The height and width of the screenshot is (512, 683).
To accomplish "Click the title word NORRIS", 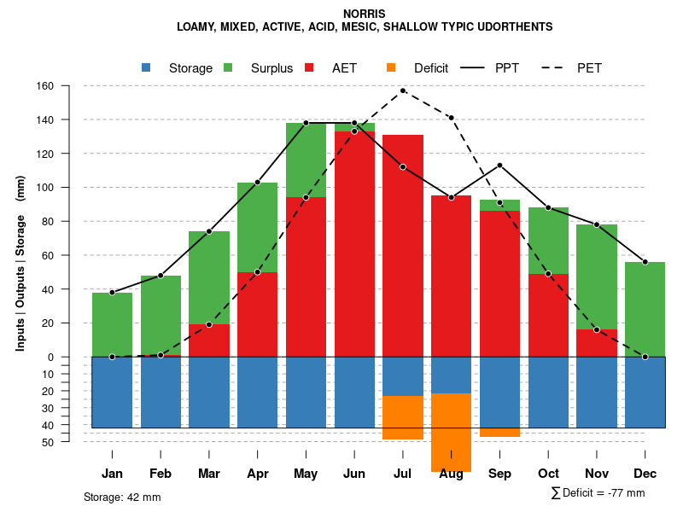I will pyautogui.click(x=365, y=14).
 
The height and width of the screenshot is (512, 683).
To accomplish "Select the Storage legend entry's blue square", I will pyautogui.click(x=146, y=67).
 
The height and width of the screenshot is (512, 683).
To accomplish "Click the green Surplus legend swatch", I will pyautogui.click(x=228, y=67).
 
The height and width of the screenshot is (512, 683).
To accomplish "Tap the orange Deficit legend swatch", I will pyautogui.click(x=391, y=67).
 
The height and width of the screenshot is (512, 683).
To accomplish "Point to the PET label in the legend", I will pyautogui.click(x=589, y=68).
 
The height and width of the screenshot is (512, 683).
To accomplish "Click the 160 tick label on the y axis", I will pyautogui.click(x=45, y=86).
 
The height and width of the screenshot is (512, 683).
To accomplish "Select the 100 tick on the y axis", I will pyautogui.click(x=45, y=188).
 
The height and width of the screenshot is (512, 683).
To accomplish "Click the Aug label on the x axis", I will pyautogui.click(x=451, y=474).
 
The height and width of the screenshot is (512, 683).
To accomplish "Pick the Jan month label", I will pyautogui.click(x=112, y=474).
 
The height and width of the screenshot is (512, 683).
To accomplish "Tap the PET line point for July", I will pyautogui.click(x=403, y=90).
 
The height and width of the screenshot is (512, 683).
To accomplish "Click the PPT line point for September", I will pyautogui.click(x=499, y=165).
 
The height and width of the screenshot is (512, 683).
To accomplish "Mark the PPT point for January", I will pyautogui.click(x=112, y=292).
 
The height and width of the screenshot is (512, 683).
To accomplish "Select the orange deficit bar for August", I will pyautogui.click(x=451, y=433).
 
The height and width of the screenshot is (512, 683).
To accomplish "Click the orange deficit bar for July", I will pyautogui.click(x=403, y=417).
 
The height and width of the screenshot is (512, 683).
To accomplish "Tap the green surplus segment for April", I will pyautogui.click(x=257, y=227).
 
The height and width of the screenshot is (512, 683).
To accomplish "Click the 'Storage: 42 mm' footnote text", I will pyautogui.click(x=122, y=497).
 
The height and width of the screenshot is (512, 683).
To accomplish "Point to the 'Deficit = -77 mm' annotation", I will pyautogui.click(x=603, y=492).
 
